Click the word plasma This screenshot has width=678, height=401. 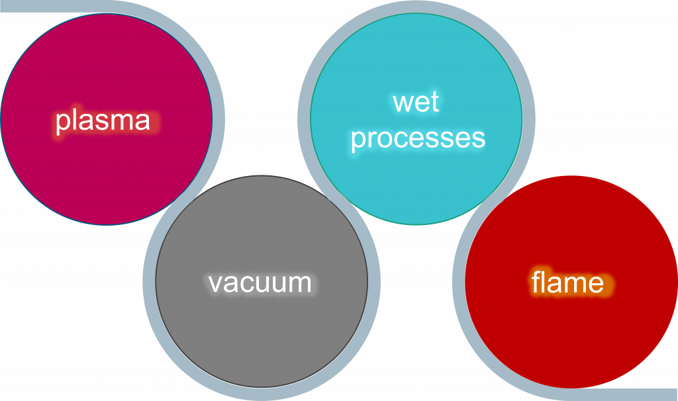pyautogui.click(x=103, y=120)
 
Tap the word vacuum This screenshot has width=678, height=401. pyautogui.click(x=260, y=283)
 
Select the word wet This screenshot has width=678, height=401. pyautogui.click(x=416, y=103)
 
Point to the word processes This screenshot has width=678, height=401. pyautogui.click(x=418, y=139)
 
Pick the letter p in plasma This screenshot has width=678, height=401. pyautogui.click(x=62, y=122)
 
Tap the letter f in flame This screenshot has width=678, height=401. pyautogui.click(x=536, y=282)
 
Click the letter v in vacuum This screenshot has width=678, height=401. pyautogui.click(x=216, y=284)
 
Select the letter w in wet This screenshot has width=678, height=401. pyautogui.click(x=404, y=104)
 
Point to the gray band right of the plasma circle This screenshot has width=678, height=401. pyautogui.click(x=218, y=119)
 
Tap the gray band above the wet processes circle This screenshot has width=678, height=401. pyautogui.click(x=416, y=7)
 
